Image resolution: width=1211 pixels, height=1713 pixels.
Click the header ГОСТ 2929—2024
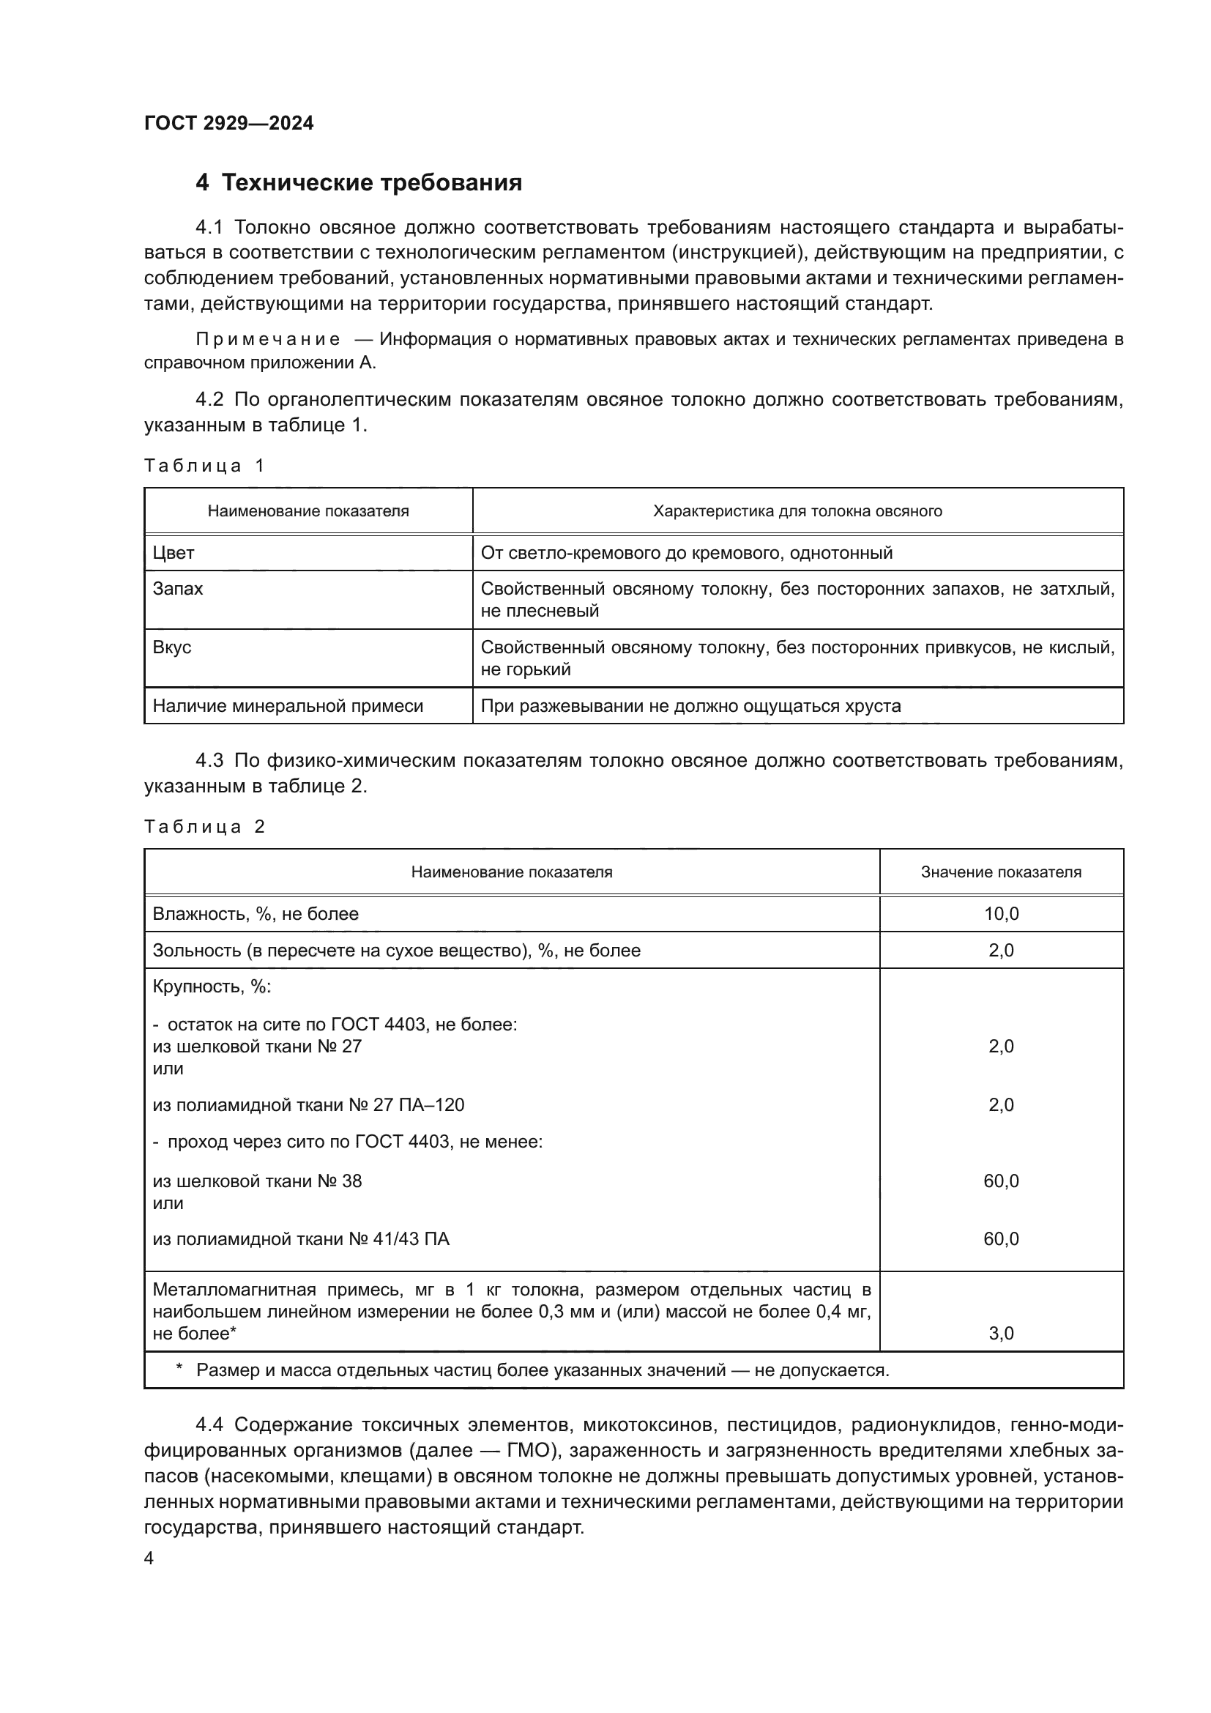pyautogui.click(x=229, y=124)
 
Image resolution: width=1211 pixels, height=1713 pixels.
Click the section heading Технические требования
pyautogui.click(x=371, y=183)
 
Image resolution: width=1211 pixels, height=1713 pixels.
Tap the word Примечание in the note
pyautogui.click(x=268, y=340)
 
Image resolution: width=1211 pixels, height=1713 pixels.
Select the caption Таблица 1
pyautogui.click(x=204, y=467)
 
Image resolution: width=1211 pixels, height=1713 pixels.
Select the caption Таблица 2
pyautogui.click(x=204, y=827)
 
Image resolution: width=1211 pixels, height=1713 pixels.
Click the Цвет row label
pyautogui.click(x=173, y=553)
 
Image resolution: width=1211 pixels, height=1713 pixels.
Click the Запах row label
pyautogui.click(x=177, y=589)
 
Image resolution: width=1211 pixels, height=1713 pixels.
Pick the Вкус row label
pyautogui.click(x=171, y=647)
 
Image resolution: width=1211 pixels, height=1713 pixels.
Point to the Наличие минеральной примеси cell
pyautogui.click(x=288, y=706)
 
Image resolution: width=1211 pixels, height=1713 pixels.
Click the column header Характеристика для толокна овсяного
pyautogui.click(x=797, y=511)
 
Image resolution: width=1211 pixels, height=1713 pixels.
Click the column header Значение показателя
pyautogui.click(x=1001, y=872)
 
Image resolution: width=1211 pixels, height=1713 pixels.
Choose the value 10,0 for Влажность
pyautogui.click(x=1001, y=914)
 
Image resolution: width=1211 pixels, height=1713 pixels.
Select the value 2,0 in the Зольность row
pyautogui.click(x=1001, y=951)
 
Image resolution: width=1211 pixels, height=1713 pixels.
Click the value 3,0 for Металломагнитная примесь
pyautogui.click(x=1001, y=1333)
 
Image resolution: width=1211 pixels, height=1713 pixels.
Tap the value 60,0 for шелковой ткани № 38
pyautogui.click(x=1001, y=1181)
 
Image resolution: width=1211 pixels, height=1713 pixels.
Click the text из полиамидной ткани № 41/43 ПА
pyautogui.click(x=300, y=1239)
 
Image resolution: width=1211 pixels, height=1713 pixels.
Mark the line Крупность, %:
pyautogui.click(x=212, y=987)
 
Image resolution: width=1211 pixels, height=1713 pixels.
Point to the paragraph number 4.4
pyautogui.click(x=209, y=1425)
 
